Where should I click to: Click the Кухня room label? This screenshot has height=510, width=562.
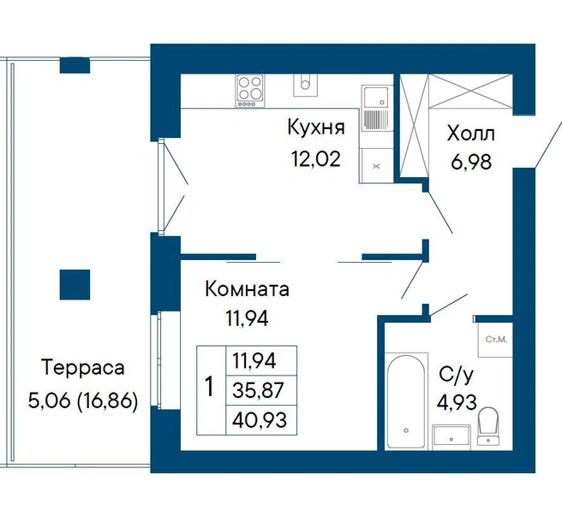point(316,127)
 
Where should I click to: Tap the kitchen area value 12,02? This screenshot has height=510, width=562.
point(316,159)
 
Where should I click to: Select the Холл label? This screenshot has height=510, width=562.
point(471,133)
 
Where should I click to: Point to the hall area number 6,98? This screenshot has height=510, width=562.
point(471,162)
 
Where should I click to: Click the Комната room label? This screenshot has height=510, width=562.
point(247,289)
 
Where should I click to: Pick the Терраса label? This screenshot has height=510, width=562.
point(83,368)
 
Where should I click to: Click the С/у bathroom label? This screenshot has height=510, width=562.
point(457,375)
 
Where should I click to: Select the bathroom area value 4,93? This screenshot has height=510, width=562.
point(457,401)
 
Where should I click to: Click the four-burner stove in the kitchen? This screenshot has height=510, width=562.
point(250,91)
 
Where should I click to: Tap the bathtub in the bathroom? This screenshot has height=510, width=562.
point(406,401)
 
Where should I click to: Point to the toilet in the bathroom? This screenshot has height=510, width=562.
point(487,426)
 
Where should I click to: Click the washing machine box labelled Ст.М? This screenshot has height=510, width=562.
point(496,339)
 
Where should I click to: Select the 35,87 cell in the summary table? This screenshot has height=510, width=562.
point(261,390)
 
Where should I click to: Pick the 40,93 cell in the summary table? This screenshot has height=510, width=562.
point(261,420)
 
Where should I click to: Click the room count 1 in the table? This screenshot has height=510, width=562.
point(209,387)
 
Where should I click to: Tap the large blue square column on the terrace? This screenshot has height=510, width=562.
point(75,285)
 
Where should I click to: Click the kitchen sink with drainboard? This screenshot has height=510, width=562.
point(376,108)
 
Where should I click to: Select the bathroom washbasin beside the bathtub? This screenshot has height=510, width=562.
point(451,437)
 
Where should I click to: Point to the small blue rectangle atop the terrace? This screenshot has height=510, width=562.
point(75,66)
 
